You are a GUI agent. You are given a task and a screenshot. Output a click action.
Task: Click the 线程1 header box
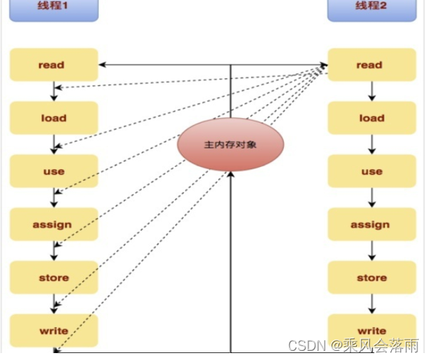pos(54,11)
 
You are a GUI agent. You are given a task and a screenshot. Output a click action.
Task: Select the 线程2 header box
pos(372,11)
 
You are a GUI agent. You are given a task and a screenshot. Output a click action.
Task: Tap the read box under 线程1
pos(54,65)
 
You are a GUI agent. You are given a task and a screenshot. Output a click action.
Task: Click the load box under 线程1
pos(54,118)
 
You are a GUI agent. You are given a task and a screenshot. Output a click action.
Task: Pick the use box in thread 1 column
pos(54,171)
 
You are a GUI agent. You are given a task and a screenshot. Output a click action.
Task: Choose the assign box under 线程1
pos(54,224)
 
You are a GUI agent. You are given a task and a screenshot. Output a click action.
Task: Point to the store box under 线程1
pos(54,277)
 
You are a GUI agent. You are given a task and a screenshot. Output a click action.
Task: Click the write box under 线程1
pos(54,331)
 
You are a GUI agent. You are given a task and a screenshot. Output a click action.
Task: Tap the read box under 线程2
pos(372,65)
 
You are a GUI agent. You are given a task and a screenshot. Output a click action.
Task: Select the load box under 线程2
pos(372,118)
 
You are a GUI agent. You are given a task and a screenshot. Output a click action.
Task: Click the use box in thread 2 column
pos(372,171)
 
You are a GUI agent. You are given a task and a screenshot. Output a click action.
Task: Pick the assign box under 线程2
pos(372,224)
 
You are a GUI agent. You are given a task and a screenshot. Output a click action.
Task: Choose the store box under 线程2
pos(372,277)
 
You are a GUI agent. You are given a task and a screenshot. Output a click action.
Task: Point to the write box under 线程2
pos(372,331)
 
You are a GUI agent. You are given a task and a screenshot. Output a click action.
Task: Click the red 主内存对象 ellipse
pos(230,145)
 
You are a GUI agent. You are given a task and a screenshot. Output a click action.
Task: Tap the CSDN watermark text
pos(354,345)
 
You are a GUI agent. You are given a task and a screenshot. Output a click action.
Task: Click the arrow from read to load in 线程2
pos(372,91)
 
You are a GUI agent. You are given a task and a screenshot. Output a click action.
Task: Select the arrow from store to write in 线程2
pos(372,304)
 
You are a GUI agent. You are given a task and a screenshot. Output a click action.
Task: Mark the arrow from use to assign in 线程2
pos(372,198)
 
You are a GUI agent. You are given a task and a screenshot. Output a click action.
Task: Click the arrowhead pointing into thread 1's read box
pos(102,65)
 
